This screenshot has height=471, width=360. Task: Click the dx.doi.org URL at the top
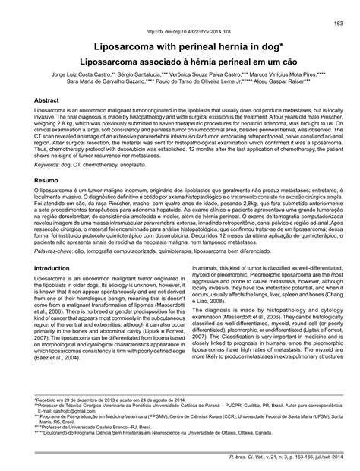(180, 33)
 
